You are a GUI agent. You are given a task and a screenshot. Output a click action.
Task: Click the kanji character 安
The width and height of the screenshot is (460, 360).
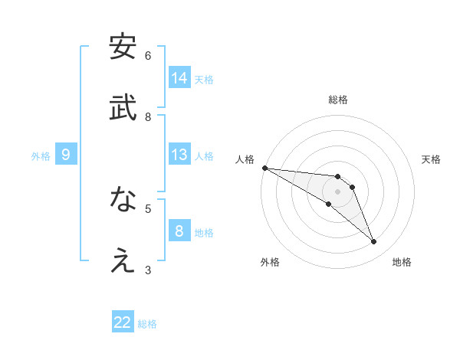pos(123,47)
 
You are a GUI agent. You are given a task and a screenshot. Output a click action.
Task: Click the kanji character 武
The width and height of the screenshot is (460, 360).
pos(123,108)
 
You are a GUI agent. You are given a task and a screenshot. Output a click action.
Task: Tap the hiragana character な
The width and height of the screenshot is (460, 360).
pos(123,200)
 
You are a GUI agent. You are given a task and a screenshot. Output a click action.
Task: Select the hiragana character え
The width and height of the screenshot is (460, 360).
pos(123,261)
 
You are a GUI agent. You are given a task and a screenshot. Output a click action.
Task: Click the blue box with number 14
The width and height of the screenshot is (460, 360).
pos(179,78)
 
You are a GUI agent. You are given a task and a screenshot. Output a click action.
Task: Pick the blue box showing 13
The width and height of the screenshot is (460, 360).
pos(179,155)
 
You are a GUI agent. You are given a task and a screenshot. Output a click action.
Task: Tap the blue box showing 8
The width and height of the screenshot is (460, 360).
pos(179,231)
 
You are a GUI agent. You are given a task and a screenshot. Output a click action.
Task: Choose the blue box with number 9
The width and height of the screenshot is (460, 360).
pos(66,155)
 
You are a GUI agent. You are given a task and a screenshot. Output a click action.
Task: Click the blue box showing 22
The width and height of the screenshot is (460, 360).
pos(123,322)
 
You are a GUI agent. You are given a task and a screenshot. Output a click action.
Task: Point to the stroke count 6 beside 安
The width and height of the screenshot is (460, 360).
pos(148,55)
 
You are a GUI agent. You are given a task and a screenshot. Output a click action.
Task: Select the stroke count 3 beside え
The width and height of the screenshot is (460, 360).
pos(148,270)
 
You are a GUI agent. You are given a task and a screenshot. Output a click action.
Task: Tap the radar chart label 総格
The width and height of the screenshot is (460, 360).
pos(338,100)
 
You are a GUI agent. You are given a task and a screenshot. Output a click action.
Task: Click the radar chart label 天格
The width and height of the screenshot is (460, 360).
pos(432,159)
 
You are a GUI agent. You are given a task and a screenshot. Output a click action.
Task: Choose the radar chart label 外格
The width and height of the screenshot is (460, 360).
pos(270,262)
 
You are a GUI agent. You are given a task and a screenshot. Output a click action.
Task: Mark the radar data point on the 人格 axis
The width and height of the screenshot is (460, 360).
pos(264,168)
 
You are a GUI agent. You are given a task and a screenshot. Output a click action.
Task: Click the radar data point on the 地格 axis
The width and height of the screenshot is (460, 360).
pos(374,242)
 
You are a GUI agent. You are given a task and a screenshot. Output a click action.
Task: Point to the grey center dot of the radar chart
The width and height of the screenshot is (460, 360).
pos(338,191)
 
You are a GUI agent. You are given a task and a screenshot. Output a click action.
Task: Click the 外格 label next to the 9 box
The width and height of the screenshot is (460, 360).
pos(41,156)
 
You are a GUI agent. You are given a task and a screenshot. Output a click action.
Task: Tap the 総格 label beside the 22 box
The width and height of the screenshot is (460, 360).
pos(147,324)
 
